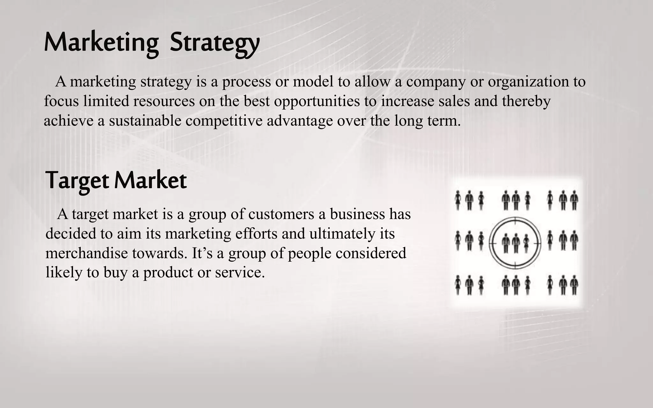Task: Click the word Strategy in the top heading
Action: [214, 43]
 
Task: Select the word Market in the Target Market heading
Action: [150, 181]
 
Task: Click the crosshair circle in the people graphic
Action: [515, 243]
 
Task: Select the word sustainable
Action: [145, 121]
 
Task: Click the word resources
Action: [164, 101]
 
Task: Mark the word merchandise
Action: [86, 253]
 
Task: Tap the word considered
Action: [371, 253]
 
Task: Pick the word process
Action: [246, 82]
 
